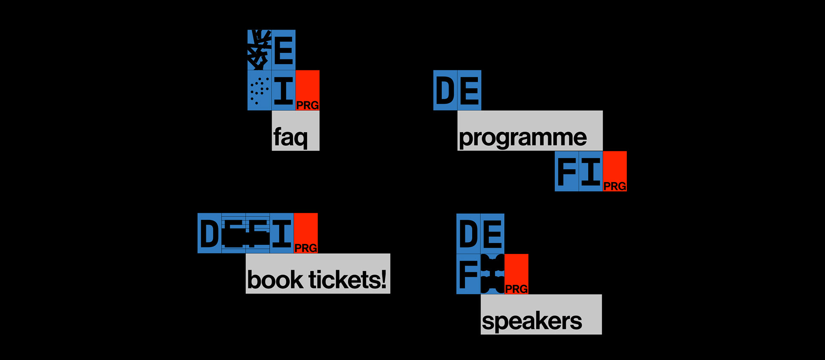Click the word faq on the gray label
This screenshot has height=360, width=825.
pyautogui.click(x=290, y=137)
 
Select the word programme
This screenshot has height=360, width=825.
pyautogui.click(x=522, y=137)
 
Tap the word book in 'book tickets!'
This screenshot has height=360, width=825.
pyautogui.click(x=275, y=280)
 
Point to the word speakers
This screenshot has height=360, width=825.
pyautogui.click(x=532, y=321)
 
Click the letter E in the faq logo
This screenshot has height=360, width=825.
pyautogui.click(x=284, y=51)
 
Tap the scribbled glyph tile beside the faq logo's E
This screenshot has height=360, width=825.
pyautogui.click(x=259, y=50)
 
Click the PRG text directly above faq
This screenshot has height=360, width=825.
pyautogui.click(x=308, y=105)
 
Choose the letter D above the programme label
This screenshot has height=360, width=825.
pyautogui.click(x=445, y=91)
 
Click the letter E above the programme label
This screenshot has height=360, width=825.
pyautogui.click(x=469, y=91)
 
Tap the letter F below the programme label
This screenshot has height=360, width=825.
pyautogui.click(x=567, y=171)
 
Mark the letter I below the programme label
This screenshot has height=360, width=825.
pyautogui.click(x=591, y=171)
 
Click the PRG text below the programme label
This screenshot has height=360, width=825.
pyautogui.click(x=615, y=186)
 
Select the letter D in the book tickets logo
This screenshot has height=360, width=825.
pyautogui.click(x=209, y=234)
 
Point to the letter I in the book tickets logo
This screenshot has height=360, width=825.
pyautogui.click(x=282, y=234)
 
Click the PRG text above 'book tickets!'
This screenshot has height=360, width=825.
pyautogui.click(x=306, y=248)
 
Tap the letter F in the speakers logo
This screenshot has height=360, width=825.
pyautogui.click(x=468, y=274)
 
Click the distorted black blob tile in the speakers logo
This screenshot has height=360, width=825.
pyautogui.click(x=492, y=274)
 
